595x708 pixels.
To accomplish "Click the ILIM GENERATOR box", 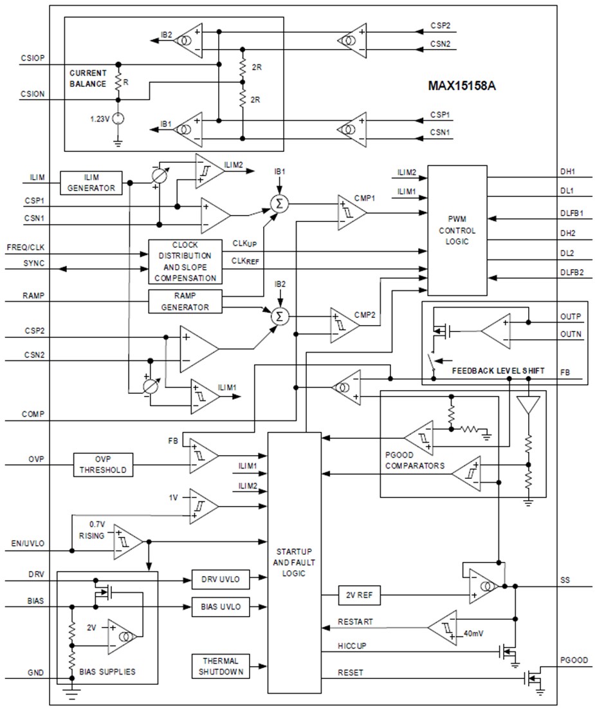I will pyautogui.click(x=91, y=183).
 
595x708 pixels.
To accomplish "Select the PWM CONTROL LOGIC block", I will pyautogui.click(x=457, y=230).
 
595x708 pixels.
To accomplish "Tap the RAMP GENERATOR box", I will pyautogui.click(x=185, y=302).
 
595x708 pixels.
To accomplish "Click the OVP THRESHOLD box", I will pyautogui.click(x=104, y=465).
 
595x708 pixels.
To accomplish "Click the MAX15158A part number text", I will pyautogui.click(x=462, y=84).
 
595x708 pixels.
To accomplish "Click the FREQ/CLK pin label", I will pyautogui.click(x=25, y=248).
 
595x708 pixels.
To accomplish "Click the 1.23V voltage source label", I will pyautogui.click(x=100, y=118).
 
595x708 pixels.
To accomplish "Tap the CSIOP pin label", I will pyautogui.click(x=33, y=58).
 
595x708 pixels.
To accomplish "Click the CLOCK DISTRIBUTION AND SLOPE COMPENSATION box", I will pyautogui.click(x=185, y=261).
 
